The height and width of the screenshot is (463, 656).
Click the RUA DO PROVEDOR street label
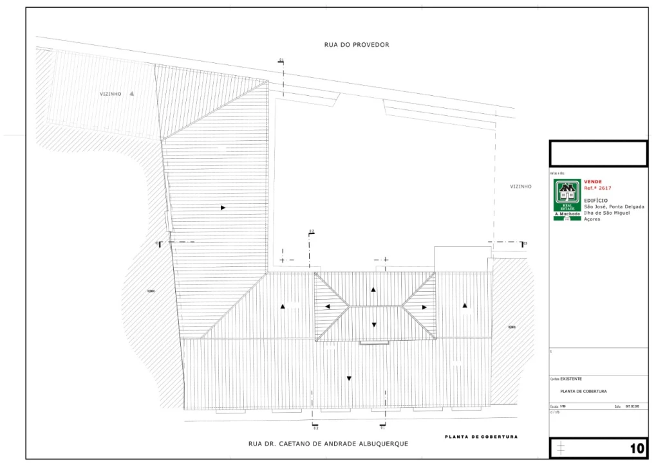[357, 45]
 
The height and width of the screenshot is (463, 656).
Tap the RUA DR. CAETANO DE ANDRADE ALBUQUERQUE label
[328, 444]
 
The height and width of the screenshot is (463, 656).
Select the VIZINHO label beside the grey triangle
[110, 94]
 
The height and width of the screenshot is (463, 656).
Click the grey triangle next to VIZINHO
[131, 93]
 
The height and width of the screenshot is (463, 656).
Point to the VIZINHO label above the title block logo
[521, 186]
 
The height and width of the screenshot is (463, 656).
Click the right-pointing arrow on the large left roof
[223, 208]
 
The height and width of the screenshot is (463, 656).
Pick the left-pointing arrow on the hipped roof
[327, 307]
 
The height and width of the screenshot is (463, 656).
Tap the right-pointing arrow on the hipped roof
[424, 307]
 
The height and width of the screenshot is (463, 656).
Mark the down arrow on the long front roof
[349, 378]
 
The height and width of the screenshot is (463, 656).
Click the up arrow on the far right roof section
[464, 305]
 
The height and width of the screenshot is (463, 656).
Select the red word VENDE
[593, 182]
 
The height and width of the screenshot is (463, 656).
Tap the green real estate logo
[567, 199]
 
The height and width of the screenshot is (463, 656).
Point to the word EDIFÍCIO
[595, 200]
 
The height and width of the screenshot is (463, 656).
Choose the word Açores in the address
[592, 219]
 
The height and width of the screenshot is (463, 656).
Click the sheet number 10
[637, 448]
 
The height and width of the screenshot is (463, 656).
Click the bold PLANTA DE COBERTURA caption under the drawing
[481, 437]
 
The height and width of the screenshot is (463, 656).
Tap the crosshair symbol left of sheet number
[561, 447]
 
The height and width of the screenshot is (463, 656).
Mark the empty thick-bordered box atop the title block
[598, 154]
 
